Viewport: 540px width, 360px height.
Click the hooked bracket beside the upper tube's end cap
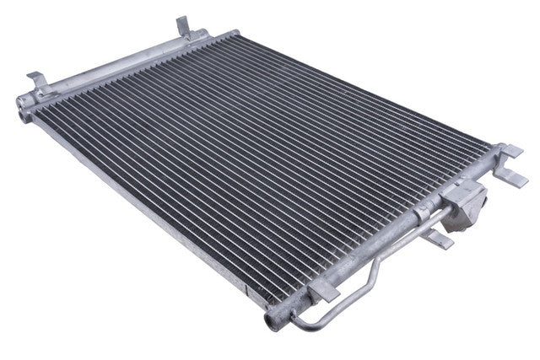click(x=37, y=82)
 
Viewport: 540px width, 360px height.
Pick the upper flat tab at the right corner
click(x=510, y=151)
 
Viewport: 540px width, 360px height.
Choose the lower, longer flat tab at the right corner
click(x=511, y=178)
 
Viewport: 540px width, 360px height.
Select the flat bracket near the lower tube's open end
click(x=323, y=291)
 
